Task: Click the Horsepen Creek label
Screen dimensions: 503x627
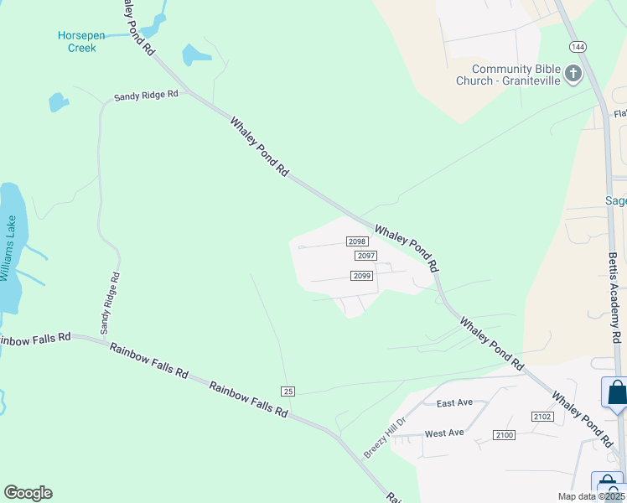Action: point(76,41)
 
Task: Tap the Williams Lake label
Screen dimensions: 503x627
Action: point(8,249)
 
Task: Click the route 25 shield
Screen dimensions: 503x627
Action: point(288,392)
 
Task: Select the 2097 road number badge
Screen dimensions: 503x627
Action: point(365,256)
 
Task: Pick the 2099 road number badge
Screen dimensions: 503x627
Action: point(361,276)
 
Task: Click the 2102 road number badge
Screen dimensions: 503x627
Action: point(542,417)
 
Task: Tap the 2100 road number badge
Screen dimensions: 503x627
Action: point(504,434)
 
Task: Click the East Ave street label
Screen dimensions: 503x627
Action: point(455,403)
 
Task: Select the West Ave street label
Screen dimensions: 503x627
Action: point(444,433)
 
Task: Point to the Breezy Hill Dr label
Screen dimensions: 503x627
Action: point(384,437)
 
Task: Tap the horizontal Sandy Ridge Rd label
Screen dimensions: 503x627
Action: point(147,95)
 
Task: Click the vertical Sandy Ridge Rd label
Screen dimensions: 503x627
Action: point(111,303)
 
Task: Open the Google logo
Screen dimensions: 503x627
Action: point(28,493)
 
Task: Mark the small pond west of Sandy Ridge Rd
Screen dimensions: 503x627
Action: point(58,102)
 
